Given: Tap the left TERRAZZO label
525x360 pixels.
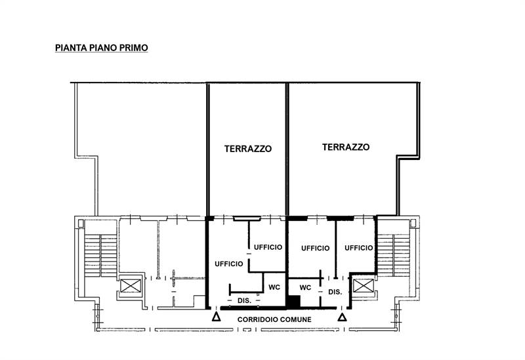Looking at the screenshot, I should [248, 149].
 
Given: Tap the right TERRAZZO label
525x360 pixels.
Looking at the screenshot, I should [345, 148].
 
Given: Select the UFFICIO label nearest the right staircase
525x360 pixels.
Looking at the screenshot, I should [359, 248].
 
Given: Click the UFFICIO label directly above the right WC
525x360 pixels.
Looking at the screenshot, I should [315, 248].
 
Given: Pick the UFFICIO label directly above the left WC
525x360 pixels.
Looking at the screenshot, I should [268, 247].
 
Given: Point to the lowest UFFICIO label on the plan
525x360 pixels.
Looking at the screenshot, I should [229, 264].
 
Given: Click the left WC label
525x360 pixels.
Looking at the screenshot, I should [274, 287].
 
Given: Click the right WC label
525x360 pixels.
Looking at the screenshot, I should [305, 287].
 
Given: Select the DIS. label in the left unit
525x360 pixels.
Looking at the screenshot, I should [244, 300].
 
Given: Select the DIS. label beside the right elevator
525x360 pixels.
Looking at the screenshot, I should [335, 292].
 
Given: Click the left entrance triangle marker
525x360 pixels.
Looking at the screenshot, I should [217, 318].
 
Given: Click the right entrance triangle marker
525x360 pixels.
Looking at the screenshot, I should [342, 318].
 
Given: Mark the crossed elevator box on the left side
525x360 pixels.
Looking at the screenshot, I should [130, 286].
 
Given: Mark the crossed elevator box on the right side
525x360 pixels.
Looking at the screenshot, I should [362, 286].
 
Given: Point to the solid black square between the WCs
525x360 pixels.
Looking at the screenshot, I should [293, 301].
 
